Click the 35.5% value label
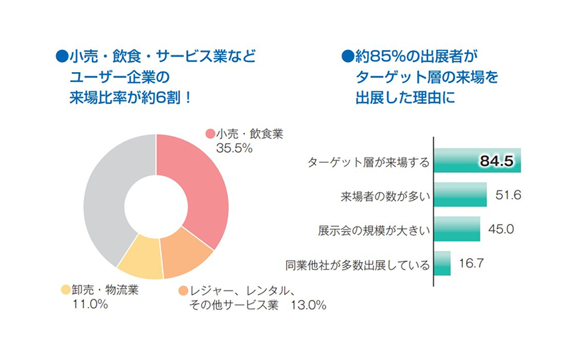[x=234, y=148]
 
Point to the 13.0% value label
[x=308, y=305]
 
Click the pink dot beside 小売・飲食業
[x=209, y=134]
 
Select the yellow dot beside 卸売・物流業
[x=65, y=290]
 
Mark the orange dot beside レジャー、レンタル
[x=183, y=291]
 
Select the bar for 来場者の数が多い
[x=460, y=195]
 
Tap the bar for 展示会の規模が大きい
[x=458, y=229]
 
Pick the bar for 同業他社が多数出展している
[x=442, y=263]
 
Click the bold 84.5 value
[x=495, y=161]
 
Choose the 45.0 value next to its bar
[x=501, y=229]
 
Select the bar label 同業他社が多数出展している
[x=357, y=265]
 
